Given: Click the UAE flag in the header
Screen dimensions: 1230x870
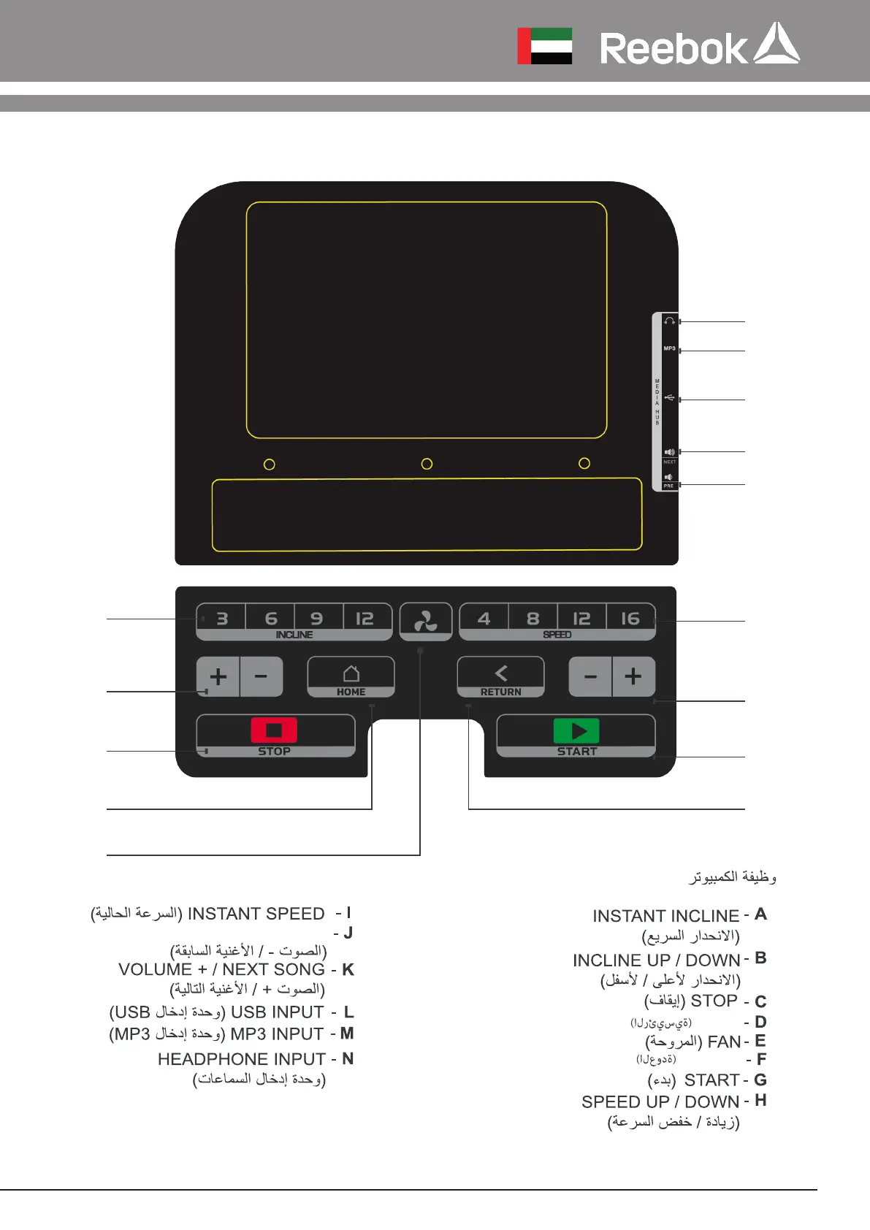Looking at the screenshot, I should [x=544, y=46].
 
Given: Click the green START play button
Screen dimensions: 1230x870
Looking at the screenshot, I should [x=576, y=731].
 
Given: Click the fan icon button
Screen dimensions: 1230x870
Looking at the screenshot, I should [x=426, y=622].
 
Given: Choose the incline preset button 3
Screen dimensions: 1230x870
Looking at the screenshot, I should [x=222, y=619].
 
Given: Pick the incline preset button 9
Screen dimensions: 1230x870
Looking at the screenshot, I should [x=316, y=619].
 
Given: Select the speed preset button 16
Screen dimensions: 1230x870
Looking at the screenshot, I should [x=630, y=619].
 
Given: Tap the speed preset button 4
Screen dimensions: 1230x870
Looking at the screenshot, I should [x=484, y=619].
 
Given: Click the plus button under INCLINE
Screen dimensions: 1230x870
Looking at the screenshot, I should [x=218, y=676].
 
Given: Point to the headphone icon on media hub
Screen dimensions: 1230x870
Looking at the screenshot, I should [x=669, y=321].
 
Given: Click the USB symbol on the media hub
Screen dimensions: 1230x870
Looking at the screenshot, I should [x=669, y=398].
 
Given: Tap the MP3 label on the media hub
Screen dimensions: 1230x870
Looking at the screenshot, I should [x=669, y=348].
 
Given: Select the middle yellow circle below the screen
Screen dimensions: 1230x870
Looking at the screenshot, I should [x=427, y=464].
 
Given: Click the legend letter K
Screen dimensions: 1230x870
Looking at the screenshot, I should [x=348, y=970].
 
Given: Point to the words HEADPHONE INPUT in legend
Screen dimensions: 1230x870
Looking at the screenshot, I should [x=242, y=1059].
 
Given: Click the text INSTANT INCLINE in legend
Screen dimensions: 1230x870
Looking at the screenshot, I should [x=665, y=916].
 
